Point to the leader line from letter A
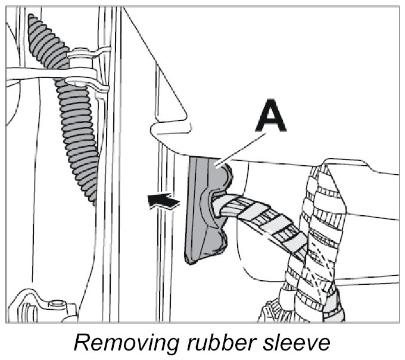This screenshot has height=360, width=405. (241, 150)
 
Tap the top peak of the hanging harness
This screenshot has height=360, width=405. (327, 162)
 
